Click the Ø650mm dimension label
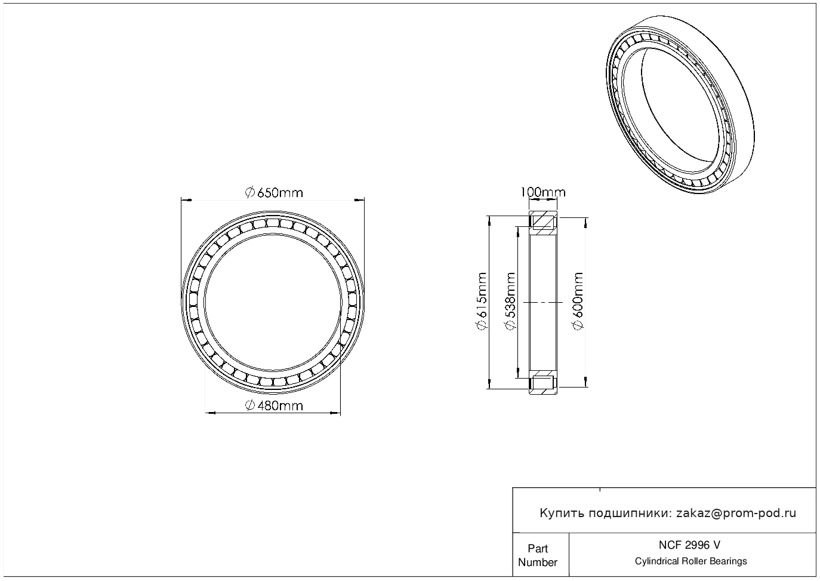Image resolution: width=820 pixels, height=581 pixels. coord(274,193)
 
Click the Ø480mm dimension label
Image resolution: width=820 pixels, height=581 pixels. coord(274,406)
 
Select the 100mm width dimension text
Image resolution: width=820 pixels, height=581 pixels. coord(543,192)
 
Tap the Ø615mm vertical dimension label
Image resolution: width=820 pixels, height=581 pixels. coord(482,301)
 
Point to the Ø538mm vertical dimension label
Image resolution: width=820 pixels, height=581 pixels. coord(510,301)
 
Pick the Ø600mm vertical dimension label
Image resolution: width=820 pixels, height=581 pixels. coord(577,301)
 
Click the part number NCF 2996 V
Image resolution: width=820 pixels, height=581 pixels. coord(690,545)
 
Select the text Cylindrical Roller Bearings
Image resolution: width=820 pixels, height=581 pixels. coord(690,561)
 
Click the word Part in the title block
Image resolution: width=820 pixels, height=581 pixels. coord(538,548)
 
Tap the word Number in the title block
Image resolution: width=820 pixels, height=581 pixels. coord(538,562)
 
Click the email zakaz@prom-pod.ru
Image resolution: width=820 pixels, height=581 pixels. coord(736,514)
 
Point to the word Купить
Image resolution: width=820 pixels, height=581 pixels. coord(562,514)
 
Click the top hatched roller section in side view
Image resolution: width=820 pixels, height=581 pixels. coord(543,222)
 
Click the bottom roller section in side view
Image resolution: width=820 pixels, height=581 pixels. coord(543,383)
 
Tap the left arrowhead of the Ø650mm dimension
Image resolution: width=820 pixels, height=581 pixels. coord(186,200)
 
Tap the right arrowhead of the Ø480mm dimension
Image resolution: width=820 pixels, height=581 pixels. coord(335,413)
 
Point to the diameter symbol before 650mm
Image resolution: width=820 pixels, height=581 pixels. coord(249,193)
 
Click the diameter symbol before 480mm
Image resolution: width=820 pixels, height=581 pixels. coord(249,406)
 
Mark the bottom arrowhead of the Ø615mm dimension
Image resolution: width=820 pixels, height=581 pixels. coord(489,384)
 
